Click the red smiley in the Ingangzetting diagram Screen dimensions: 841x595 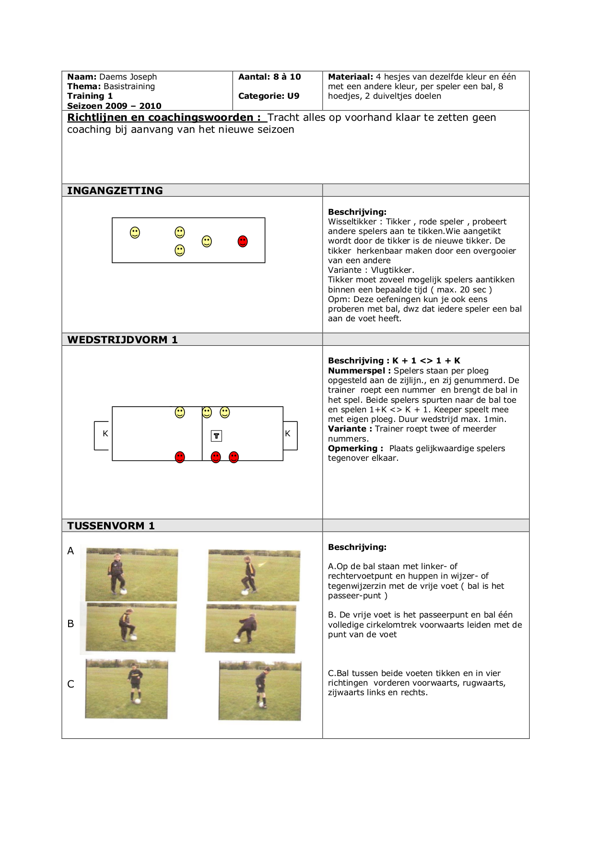[x=243, y=241]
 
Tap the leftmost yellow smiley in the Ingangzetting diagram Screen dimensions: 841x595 [x=135, y=233]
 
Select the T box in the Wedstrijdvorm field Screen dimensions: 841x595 [x=217, y=436]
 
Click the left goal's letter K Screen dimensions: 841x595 [x=105, y=433]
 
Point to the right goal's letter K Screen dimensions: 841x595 [x=288, y=433]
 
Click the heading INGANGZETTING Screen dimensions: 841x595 [x=115, y=191]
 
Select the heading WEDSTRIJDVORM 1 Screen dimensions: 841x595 [x=122, y=340]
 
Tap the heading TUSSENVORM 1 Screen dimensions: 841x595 [x=111, y=526]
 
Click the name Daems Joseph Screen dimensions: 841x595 [x=128, y=77]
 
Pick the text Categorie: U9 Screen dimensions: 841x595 [x=268, y=96]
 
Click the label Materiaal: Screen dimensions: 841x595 [x=350, y=77]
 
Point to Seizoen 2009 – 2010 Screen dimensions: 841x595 [x=114, y=106]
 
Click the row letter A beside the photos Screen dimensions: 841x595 [x=70, y=551]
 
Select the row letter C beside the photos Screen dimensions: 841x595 [x=70, y=684]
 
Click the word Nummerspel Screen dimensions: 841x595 [x=357, y=371]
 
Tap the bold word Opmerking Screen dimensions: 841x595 [x=353, y=448]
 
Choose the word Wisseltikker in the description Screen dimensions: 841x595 [x=352, y=222]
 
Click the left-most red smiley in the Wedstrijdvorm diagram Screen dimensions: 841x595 [x=180, y=457]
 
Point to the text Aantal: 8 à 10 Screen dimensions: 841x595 [x=269, y=77]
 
